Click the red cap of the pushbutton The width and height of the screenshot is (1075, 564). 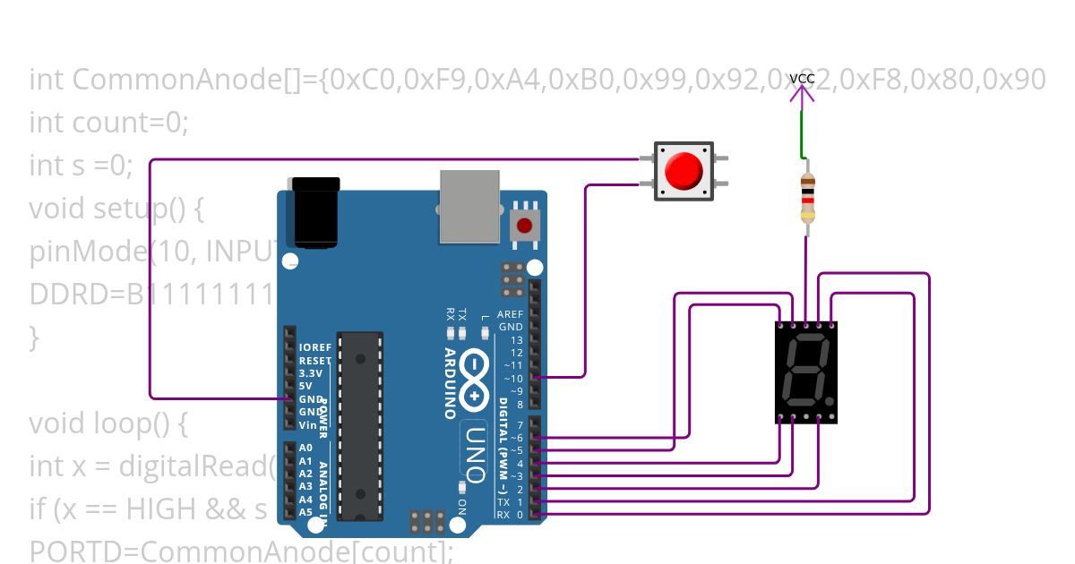(684, 170)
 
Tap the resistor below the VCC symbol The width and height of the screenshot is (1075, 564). (807, 198)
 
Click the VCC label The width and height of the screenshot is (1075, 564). (802, 79)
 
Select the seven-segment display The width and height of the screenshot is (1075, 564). (807, 372)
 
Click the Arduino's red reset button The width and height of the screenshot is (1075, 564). (525, 226)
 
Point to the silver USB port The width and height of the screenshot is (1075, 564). (469, 206)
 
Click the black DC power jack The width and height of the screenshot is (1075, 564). (316, 211)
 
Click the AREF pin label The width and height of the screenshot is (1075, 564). (510, 314)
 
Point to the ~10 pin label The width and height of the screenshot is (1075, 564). (513, 379)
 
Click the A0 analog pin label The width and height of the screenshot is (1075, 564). (306, 448)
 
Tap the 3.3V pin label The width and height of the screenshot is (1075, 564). (311, 372)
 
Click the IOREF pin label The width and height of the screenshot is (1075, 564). (314, 347)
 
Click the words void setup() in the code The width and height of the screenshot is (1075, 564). (116, 209)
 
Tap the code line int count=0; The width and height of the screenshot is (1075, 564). (108, 123)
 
